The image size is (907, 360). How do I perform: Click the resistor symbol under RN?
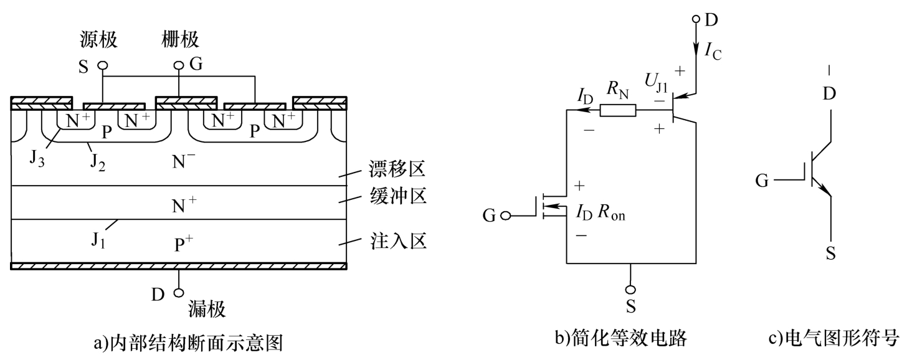point(618,110)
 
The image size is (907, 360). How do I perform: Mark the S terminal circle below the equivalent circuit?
point(630,289)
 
